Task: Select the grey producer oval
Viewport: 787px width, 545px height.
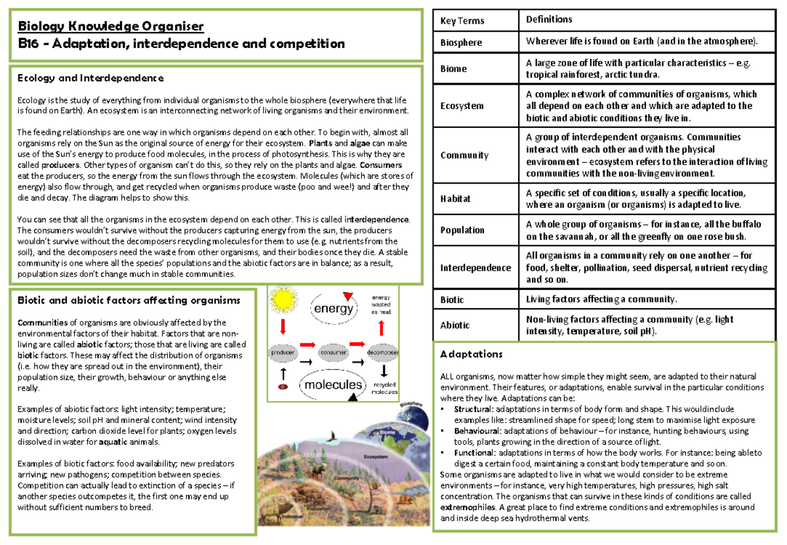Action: tap(283, 352)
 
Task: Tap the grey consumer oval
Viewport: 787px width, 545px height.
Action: tap(333, 352)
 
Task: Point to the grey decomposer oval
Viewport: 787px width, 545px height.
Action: tap(384, 352)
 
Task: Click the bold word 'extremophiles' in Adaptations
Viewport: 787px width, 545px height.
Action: tap(468, 508)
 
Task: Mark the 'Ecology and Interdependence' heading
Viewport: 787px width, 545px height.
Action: tap(91, 78)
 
